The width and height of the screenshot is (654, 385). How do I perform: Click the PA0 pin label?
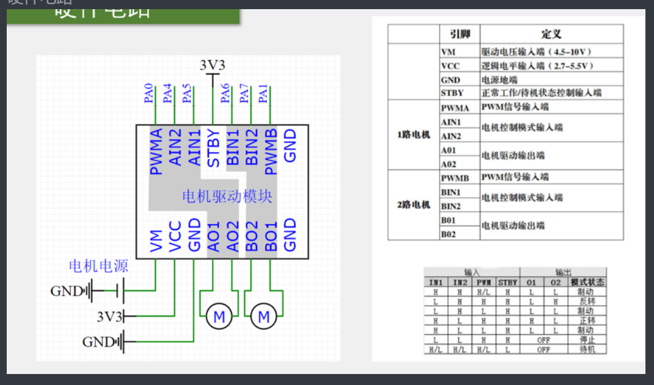click(x=148, y=93)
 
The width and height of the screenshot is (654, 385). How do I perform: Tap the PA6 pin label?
click(x=225, y=93)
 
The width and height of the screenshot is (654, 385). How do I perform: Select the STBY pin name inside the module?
click(x=213, y=148)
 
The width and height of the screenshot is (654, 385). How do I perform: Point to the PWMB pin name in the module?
click(x=271, y=151)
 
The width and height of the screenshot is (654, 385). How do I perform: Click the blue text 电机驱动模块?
click(x=227, y=196)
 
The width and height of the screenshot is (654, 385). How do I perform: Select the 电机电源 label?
click(x=98, y=266)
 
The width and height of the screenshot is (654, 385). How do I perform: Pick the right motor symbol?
click(x=264, y=317)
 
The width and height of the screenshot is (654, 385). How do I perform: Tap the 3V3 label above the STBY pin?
click(x=212, y=65)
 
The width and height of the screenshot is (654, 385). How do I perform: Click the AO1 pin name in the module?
click(x=213, y=236)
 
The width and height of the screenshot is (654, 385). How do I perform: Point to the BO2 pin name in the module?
click(x=252, y=236)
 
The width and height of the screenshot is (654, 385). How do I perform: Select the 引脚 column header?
click(x=459, y=34)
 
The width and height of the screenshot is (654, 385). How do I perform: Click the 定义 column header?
click(x=551, y=34)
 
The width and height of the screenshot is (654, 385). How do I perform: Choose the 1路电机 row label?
click(x=413, y=135)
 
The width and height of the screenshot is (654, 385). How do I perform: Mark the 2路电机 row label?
click(x=413, y=204)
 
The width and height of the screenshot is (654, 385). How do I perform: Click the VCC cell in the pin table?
click(x=450, y=66)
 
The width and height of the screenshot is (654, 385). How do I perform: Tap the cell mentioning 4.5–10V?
click(x=537, y=52)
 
